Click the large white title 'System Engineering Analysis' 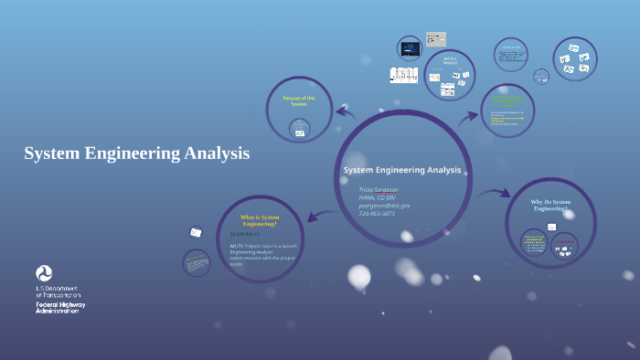pyautogui.click(x=136, y=154)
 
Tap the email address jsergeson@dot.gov pyautogui.click(x=384, y=206)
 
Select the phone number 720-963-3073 pyautogui.click(x=378, y=214)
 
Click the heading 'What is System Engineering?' pyautogui.click(x=258, y=220)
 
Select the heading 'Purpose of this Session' pyautogui.click(x=298, y=101)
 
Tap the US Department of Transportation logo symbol pyautogui.click(x=44, y=273)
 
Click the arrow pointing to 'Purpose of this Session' pyautogui.click(x=345, y=111)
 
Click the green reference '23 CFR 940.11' pyautogui.click(x=245, y=235)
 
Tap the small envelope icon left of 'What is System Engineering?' pyautogui.click(x=196, y=232)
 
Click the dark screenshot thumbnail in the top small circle pyautogui.click(x=410, y=47)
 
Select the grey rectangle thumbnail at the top pyautogui.click(x=436, y=39)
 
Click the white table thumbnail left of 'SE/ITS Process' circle pyautogui.click(x=403, y=75)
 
